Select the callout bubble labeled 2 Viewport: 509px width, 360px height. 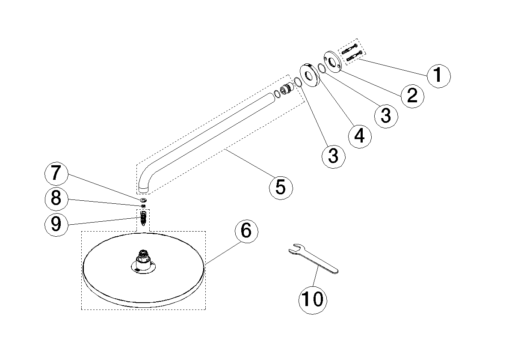411,95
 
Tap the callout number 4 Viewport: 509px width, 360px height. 359,136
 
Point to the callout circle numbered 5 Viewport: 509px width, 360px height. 280,187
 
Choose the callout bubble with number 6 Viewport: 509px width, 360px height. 246,231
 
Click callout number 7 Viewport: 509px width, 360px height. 56,174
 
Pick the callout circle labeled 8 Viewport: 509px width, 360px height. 56,199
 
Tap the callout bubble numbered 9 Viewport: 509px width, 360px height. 56,224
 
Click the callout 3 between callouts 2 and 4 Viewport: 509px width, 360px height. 385,115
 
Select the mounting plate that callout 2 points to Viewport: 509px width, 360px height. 332,61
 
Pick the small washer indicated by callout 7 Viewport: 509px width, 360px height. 143,200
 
